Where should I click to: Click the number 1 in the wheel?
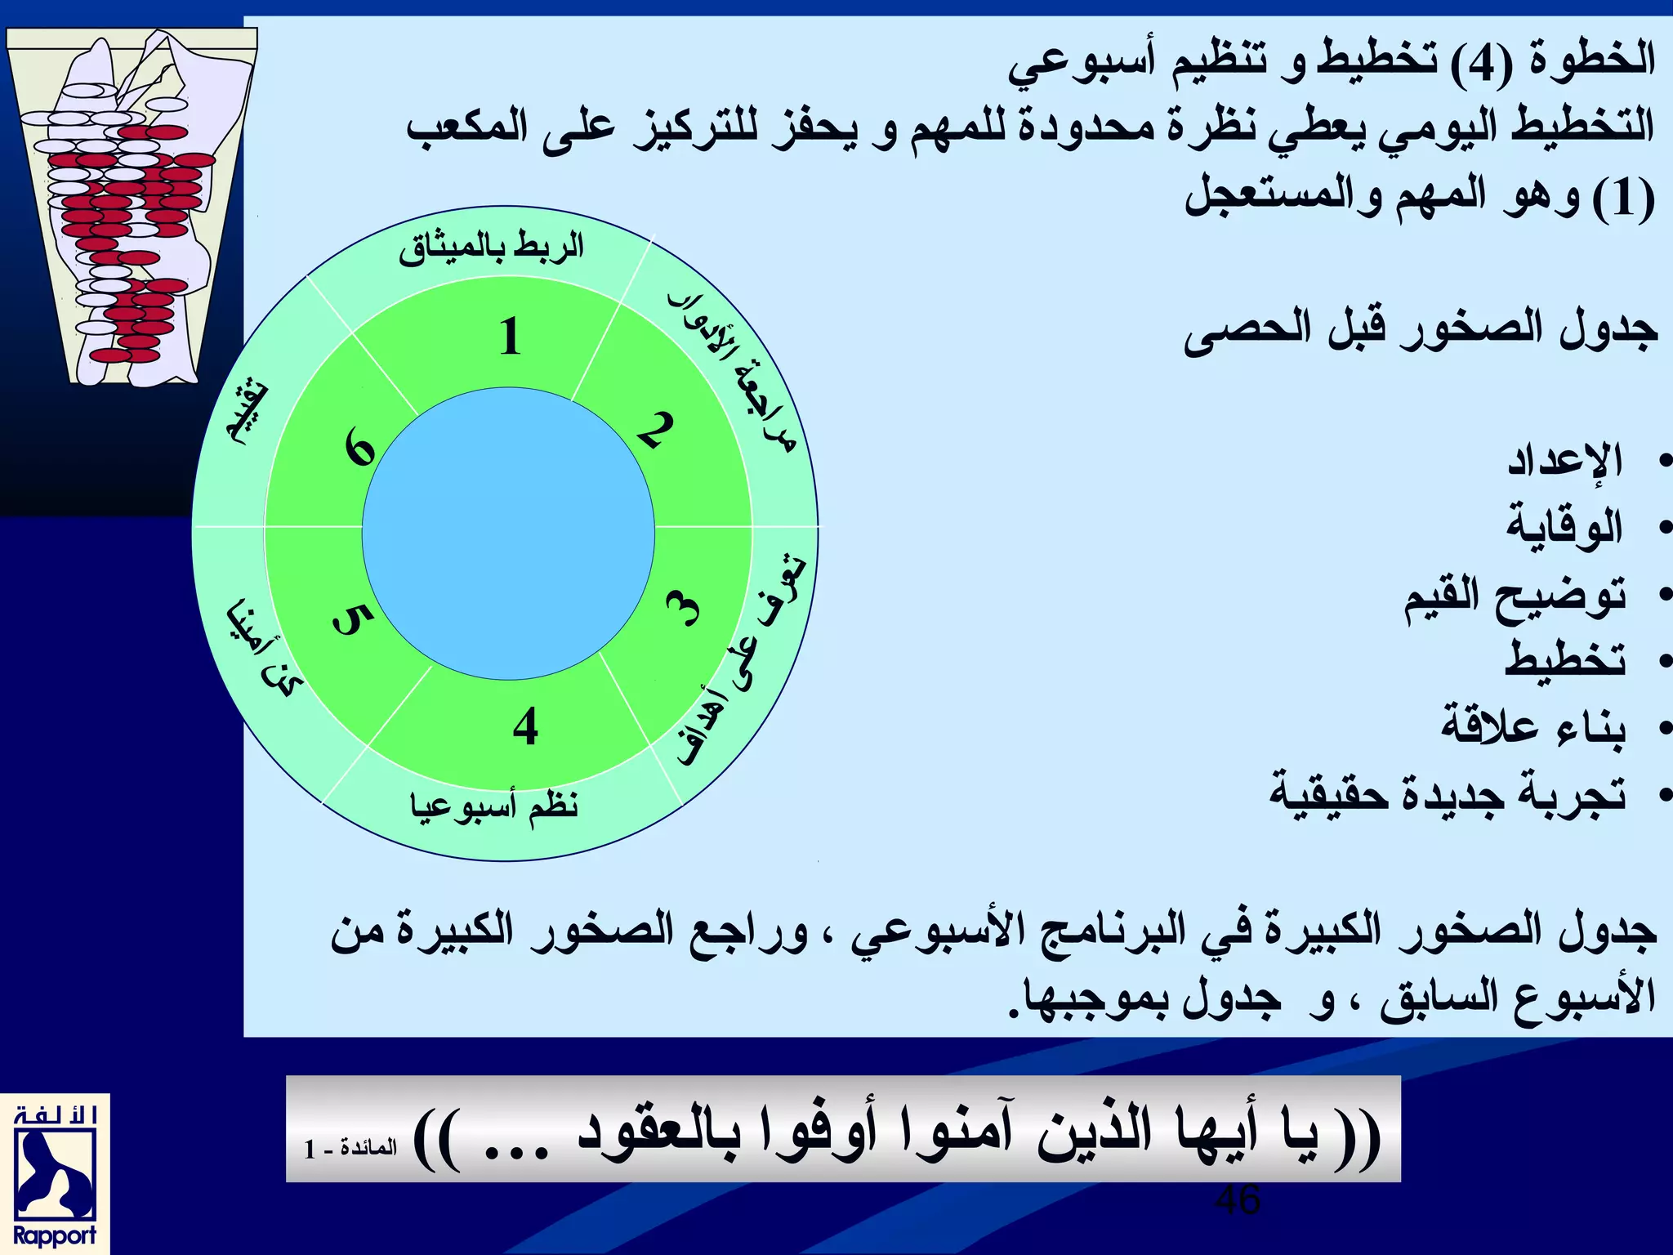point(511,336)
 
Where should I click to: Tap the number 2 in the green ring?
point(656,430)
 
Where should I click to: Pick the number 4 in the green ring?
point(525,726)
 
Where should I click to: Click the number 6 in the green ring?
point(359,449)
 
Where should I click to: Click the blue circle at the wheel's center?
point(508,534)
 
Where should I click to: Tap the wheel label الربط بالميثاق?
point(492,247)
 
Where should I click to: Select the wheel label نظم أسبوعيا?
point(494,806)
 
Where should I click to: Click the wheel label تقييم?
point(246,413)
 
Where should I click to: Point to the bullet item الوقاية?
point(1564,527)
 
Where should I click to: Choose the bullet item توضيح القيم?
point(1515,595)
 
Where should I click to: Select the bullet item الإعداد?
point(1564,461)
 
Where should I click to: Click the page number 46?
point(1238,1200)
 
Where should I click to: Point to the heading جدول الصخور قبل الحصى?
point(1421,329)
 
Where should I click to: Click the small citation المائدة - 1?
point(350,1148)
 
